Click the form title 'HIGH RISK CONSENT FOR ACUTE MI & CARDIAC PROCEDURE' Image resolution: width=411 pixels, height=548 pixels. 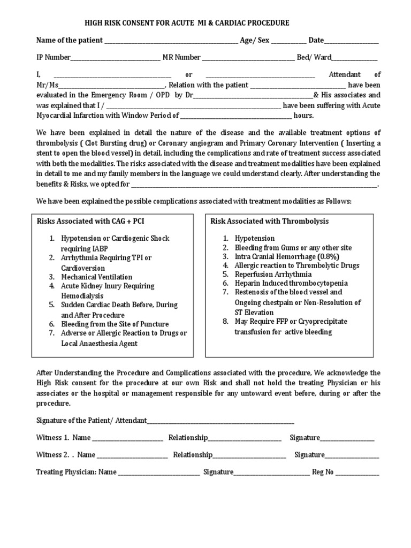click(x=187, y=23)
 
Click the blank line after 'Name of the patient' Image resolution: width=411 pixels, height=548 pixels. click(x=171, y=41)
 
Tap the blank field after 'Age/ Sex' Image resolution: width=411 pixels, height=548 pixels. click(x=289, y=41)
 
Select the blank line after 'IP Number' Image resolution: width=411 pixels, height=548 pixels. click(x=115, y=58)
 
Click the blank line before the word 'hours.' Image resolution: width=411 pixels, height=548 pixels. click(x=236, y=116)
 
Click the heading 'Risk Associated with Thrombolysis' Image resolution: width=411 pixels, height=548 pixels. click(x=270, y=221)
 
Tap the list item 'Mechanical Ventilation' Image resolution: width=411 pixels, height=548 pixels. click(x=96, y=277)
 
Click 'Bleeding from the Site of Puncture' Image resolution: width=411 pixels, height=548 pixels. click(x=115, y=324)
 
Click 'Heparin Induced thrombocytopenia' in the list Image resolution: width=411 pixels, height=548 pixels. click(x=291, y=283)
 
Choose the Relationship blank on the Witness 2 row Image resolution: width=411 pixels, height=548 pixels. click(x=249, y=456)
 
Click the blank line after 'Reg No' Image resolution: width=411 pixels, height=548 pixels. click(x=357, y=473)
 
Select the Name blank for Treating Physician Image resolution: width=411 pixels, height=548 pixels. click(x=159, y=473)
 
